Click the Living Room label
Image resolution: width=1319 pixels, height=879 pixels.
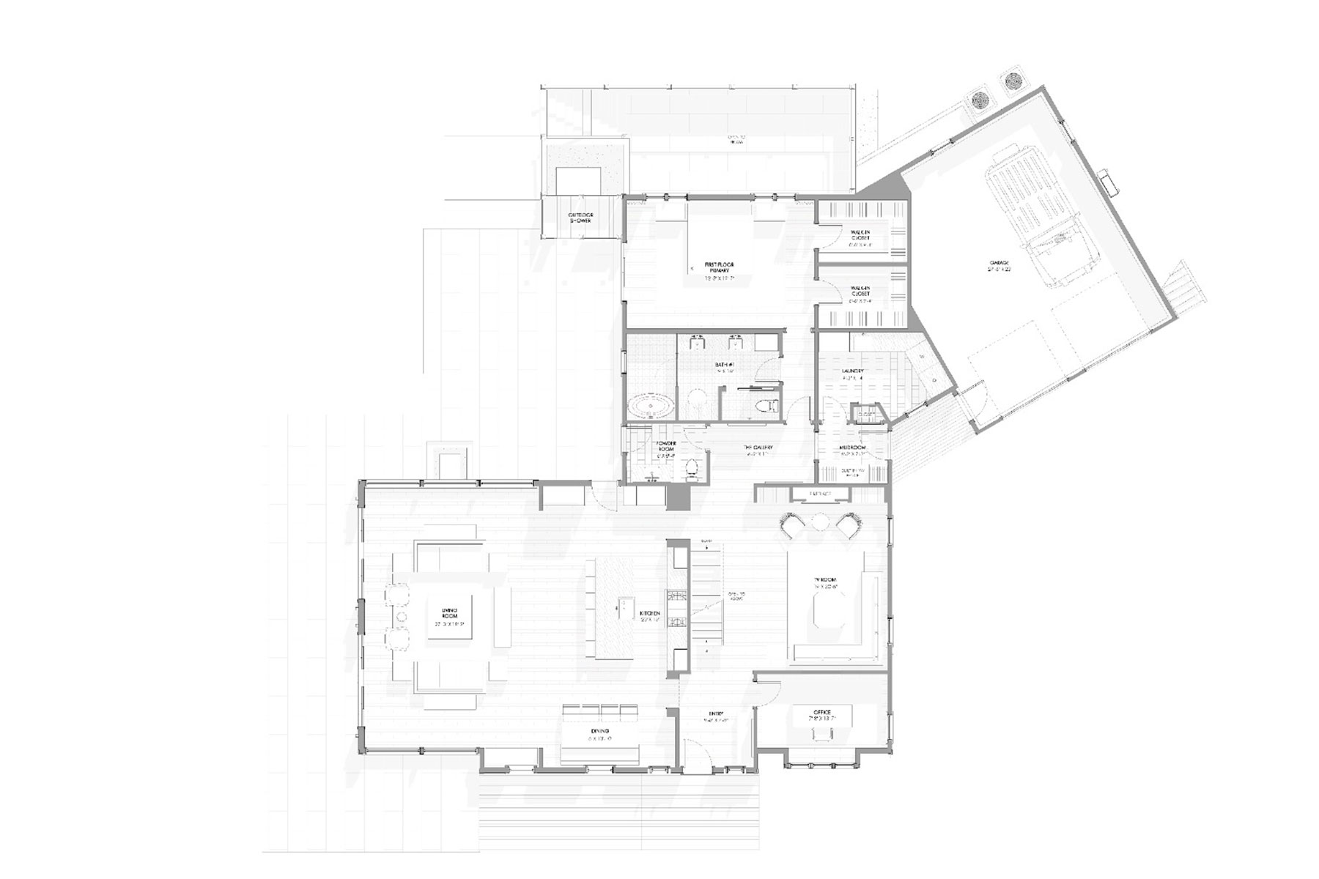click(449, 612)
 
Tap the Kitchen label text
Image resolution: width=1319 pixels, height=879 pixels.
click(650, 613)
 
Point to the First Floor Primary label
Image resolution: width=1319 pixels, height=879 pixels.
click(719, 267)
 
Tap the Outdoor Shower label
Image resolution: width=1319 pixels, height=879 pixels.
click(580, 218)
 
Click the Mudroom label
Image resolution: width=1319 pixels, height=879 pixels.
click(852, 448)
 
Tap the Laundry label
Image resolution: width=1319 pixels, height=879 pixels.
click(851, 371)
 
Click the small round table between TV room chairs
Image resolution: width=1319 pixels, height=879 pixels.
click(819, 522)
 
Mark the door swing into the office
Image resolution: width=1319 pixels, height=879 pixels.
click(769, 689)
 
